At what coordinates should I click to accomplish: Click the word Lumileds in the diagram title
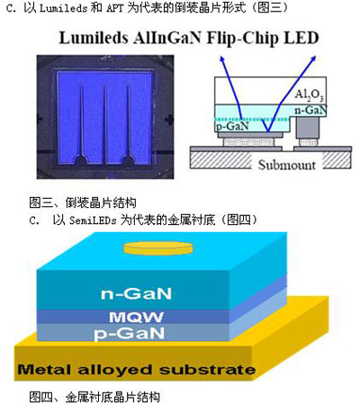click(x=94, y=38)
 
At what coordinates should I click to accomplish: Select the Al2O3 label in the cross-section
click(x=310, y=95)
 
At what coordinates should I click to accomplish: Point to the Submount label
click(x=287, y=165)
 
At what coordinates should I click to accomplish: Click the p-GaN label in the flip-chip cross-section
click(x=233, y=126)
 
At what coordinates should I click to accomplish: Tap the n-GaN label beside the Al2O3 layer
click(x=310, y=110)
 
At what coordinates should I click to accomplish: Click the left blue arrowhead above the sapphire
click(x=222, y=58)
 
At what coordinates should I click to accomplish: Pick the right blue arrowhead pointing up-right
click(x=313, y=58)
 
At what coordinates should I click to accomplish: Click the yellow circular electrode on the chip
click(x=158, y=247)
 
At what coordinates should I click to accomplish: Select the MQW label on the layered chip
click(x=137, y=317)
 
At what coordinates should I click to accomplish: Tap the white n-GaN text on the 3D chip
click(x=136, y=293)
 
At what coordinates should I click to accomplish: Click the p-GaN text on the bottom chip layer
click(x=130, y=334)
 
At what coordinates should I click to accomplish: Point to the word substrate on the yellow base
click(x=207, y=370)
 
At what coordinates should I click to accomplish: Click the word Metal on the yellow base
click(x=44, y=369)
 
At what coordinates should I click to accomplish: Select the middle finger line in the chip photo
click(x=104, y=126)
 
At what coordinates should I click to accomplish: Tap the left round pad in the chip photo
click(x=80, y=161)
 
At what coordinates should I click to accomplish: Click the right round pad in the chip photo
click(x=128, y=161)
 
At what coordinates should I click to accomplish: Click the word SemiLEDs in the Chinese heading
click(x=93, y=220)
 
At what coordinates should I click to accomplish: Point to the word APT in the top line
click(x=115, y=8)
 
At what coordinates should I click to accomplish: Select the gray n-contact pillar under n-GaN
click(x=307, y=127)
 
